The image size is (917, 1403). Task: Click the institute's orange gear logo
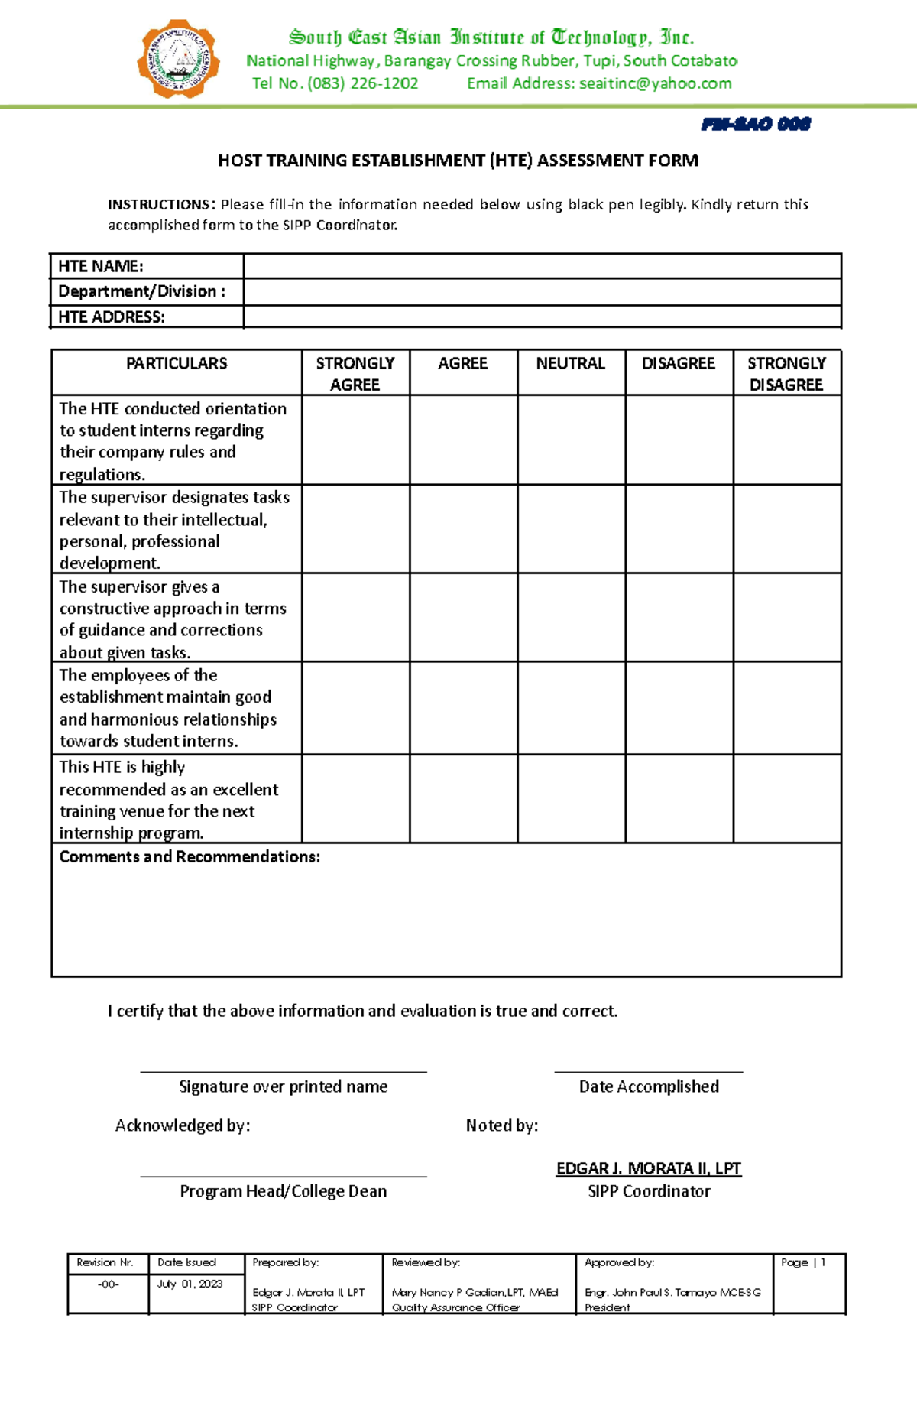coord(178,60)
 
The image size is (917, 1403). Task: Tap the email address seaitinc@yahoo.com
coord(655,83)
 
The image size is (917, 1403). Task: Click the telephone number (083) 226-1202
coord(362,83)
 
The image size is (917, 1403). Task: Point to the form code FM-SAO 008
coord(755,124)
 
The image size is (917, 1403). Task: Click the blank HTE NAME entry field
coord(542,266)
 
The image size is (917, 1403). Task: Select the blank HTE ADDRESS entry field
coord(542,317)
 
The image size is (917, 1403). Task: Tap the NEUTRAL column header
coord(570,363)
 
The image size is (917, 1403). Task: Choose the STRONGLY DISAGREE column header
coord(786,373)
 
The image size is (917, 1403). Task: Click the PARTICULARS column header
coord(177,363)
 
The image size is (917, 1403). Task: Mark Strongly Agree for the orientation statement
coord(355,440)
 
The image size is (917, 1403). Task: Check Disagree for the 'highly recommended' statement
coord(679,799)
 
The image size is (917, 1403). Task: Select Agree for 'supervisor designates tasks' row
coord(463,529)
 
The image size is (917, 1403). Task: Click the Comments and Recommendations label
coord(190,856)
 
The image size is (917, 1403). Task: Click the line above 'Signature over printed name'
coord(283,1071)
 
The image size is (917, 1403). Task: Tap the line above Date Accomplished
coord(648,1071)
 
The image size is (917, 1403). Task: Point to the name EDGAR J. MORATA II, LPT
coord(648,1168)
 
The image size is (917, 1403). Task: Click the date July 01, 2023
coord(190,1284)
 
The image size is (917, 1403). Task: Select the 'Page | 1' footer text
coord(803,1262)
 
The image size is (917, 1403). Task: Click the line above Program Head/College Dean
coord(283,1176)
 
